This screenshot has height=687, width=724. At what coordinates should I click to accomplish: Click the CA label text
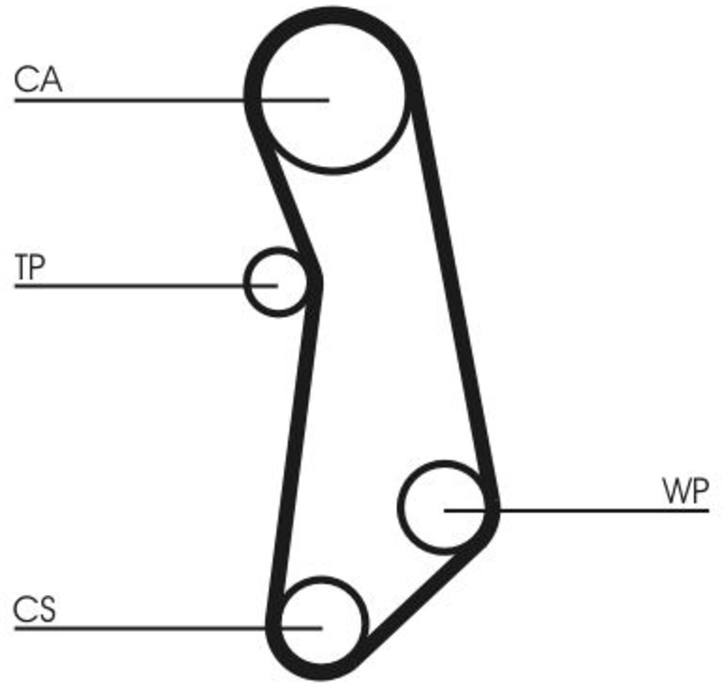click(x=38, y=80)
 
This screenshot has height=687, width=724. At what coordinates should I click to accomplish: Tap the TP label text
click(x=30, y=266)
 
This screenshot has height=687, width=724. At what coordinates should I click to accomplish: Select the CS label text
click(x=34, y=609)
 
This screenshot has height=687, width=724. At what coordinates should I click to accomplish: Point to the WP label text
click(x=685, y=491)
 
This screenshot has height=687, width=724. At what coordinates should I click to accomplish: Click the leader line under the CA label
click(x=171, y=100)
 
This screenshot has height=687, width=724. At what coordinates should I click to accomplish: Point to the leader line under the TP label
click(x=146, y=286)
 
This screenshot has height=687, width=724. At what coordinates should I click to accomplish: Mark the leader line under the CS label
click(x=168, y=628)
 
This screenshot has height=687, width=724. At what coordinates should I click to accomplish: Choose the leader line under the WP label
click(x=576, y=511)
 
